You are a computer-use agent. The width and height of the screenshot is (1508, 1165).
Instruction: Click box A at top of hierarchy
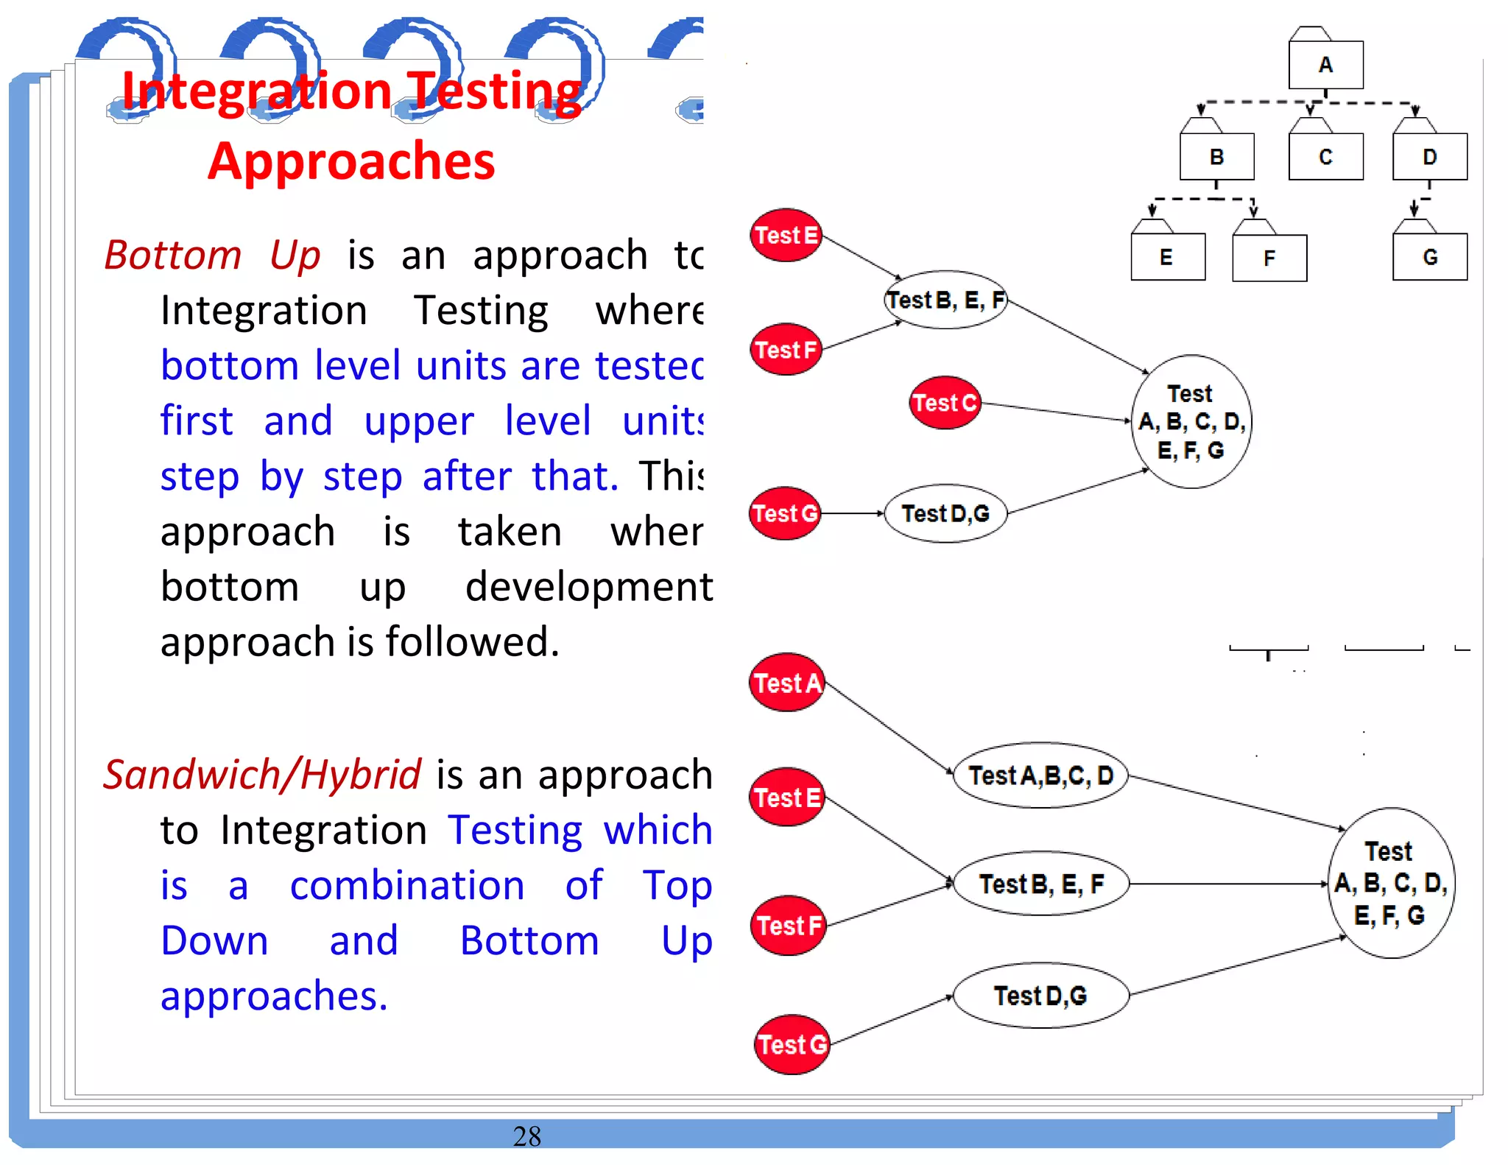point(1325,65)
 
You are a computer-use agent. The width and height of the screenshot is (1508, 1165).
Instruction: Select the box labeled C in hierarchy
point(1325,156)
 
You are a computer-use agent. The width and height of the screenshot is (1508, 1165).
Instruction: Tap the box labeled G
point(1429,257)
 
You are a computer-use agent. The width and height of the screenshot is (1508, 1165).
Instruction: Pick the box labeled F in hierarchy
point(1269,258)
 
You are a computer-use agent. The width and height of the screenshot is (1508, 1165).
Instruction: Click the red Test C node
point(945,403)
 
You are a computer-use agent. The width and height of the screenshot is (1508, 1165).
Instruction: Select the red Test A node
point(787,683)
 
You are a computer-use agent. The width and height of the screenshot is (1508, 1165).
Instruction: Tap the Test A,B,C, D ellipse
point(1040,775)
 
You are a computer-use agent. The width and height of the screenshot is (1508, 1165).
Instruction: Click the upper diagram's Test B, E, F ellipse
point(945,300)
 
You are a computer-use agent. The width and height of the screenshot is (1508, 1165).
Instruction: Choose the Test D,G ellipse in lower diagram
point(1040,996)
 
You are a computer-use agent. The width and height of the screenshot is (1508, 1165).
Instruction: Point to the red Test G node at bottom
point(792,1044)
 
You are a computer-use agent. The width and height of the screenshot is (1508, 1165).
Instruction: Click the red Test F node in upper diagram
point(786,350)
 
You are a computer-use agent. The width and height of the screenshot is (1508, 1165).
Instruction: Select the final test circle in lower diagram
point(1390,883)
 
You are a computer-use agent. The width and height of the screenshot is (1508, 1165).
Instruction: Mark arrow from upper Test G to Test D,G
point(852,513)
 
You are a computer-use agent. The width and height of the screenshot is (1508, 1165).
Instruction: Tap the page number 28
point(526,1136)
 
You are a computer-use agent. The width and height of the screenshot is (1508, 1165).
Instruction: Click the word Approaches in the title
point(351,161)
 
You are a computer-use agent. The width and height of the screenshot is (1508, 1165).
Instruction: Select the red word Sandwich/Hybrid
point(262,775)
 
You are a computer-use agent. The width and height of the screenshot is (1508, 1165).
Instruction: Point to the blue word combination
point(406,885)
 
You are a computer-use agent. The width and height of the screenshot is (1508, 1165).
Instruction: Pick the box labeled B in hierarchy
point(1216,156)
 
